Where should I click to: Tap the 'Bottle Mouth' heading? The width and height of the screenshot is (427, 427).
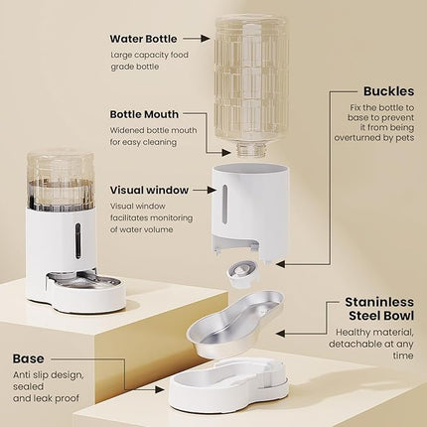(x=145, y=114)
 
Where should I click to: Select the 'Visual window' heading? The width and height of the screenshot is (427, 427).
(x=150, y=189)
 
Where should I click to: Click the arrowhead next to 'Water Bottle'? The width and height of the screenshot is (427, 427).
(x=206, y=39)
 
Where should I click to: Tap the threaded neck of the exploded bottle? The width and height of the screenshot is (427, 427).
(x=250, y=150)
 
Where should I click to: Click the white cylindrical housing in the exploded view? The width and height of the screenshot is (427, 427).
(x=250, y=209)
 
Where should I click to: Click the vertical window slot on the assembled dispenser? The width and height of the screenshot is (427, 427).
(x=77, y=239)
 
